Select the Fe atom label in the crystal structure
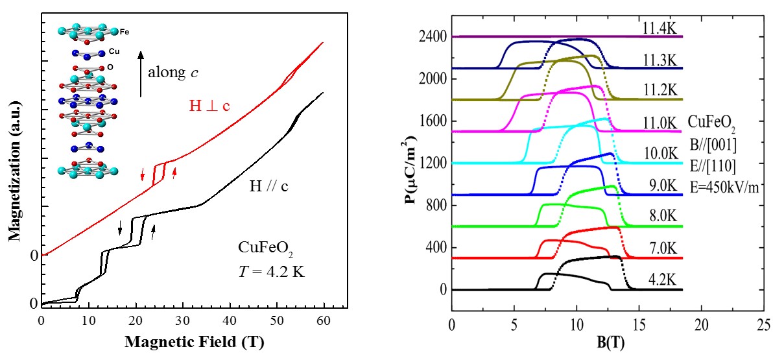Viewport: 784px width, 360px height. tap(124, 30)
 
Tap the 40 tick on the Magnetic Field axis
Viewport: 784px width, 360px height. tap(230, 320)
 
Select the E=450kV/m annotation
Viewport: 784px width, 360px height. tap(724, 189)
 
